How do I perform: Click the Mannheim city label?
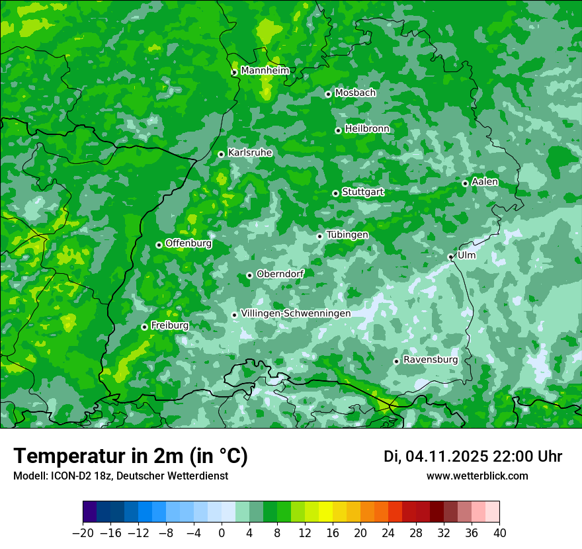(x=265, y=71)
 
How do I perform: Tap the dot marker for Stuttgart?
(x=335, y=193)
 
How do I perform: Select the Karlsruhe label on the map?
(x=250, y=153)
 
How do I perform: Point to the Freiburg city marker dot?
(x=144, y=327)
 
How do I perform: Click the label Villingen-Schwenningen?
(x=296, y=314)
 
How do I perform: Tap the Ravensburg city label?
(x=431, y=360)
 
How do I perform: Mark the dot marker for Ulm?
(x=450, y=257)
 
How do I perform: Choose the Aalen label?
(x=485, y=182)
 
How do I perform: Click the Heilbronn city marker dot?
(x=338, y=130)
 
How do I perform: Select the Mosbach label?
(x=355, y=93)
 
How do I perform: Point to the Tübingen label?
(x=347, y=235)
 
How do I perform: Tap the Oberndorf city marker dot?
(x=249, y=275)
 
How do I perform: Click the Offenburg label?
(x=188, y=243)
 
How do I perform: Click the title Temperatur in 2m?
(x=130, y=456)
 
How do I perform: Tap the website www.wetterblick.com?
(x=477, y=476)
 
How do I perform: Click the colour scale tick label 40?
(x=499, y=533)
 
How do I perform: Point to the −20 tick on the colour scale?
(x=83, y=533)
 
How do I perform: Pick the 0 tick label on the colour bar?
(x=222, y=533)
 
